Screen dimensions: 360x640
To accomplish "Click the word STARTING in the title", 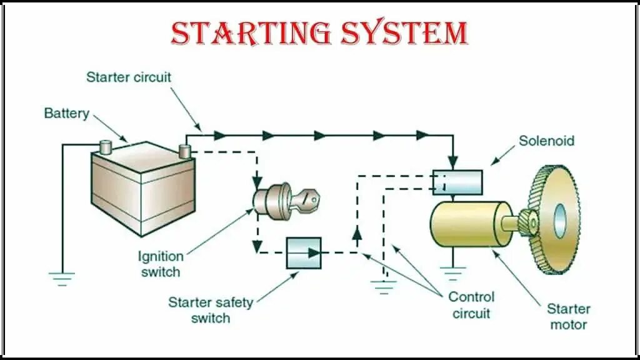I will [251, 33].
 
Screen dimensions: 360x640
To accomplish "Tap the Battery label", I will [66, 114].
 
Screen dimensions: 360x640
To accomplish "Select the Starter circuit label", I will [128, 77].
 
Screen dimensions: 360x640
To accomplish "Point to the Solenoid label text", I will [546, 141].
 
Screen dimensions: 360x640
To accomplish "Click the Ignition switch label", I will [161, 264].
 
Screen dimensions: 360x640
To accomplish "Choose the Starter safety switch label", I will [210, 310].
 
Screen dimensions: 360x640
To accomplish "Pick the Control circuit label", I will [471, 304].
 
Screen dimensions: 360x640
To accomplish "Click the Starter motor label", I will [568, 316].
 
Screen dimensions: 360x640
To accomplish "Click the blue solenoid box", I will [457, 182].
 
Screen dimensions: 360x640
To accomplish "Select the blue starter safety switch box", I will [304, 252].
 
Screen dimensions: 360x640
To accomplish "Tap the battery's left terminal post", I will [106, 148].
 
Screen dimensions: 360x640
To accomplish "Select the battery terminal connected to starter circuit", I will [185, 151].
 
